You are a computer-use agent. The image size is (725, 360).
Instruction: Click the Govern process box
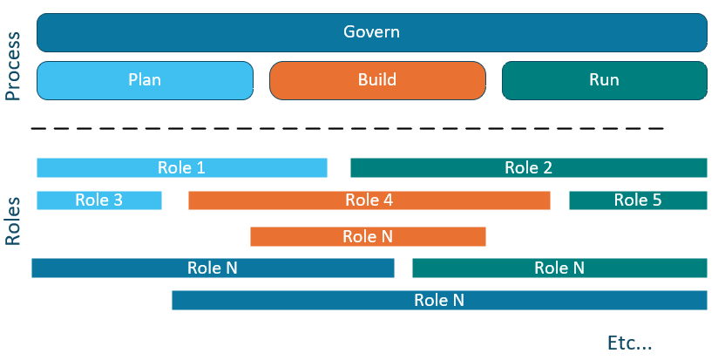371,32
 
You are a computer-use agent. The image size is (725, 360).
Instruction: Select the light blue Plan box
145,80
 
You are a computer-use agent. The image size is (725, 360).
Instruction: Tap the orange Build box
377,80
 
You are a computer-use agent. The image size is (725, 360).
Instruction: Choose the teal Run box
604,80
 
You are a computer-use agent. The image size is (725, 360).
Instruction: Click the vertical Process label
13,67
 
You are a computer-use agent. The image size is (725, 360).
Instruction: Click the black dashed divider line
349,128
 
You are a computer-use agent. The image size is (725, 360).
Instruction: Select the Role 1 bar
181,167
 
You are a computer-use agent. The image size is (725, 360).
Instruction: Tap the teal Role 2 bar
528,167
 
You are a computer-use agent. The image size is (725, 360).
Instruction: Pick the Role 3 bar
98,200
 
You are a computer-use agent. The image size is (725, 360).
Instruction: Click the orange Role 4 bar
369,200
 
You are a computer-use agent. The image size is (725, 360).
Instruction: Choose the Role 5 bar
638,200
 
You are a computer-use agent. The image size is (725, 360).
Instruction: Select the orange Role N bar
367,236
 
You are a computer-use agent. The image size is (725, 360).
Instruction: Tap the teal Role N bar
559,268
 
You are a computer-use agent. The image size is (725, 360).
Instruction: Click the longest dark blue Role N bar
439,300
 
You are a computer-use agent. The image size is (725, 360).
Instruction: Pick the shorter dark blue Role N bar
213,268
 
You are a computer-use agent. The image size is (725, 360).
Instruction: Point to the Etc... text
629,343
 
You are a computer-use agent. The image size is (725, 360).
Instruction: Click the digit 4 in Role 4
388,200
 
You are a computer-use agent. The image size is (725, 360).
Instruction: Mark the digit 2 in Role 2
547,167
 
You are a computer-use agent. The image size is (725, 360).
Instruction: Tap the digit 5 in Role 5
657,200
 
